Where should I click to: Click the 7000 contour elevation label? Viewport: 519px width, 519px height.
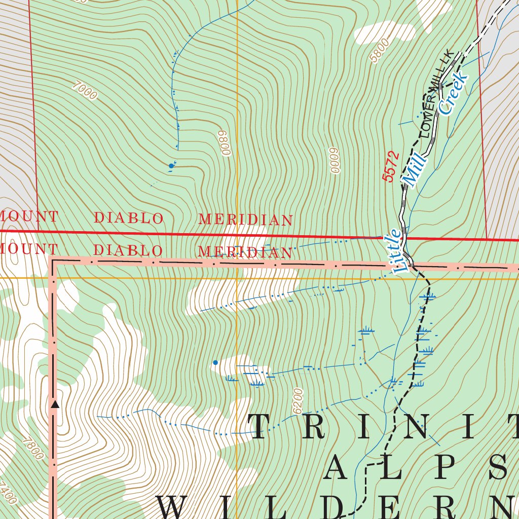(84, 91)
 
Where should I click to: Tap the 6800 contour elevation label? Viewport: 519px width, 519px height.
(223, 143)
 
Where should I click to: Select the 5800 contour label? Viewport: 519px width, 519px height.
(380, 51)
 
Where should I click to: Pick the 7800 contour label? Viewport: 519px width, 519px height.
(33, 449)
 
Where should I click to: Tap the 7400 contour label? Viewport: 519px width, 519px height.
(9, 493)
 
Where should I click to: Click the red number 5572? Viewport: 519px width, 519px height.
(391, 167)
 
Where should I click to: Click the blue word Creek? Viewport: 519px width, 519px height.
(453, 93)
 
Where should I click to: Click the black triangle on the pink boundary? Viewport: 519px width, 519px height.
(55, 404)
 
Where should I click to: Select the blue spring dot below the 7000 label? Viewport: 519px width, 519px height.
(171, 166)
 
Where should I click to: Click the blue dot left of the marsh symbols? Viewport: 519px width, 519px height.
(215, 362)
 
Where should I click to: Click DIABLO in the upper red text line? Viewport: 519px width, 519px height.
(129, 218)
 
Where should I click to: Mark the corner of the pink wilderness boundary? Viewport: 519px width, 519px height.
(53, 262)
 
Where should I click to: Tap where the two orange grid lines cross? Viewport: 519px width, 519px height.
(237, 278)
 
